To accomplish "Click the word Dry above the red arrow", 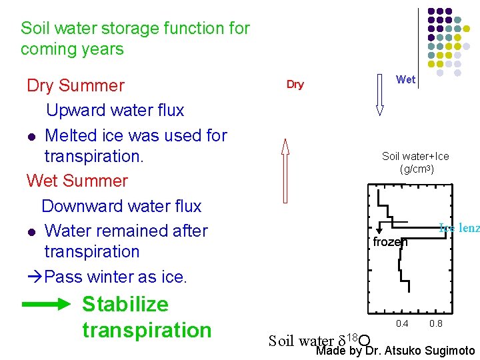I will coord(295,85).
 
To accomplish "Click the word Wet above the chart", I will coord(405,79).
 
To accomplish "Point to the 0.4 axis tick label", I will coord(401,323).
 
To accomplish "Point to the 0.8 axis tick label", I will coord(436,323).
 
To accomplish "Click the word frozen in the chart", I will coord(390,242).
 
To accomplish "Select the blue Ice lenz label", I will coord(459,228).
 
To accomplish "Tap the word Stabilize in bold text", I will coord(125,305).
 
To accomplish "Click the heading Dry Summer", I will coord(75,86).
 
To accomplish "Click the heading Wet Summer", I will coord(77,181).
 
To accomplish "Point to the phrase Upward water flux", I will coord(115,110).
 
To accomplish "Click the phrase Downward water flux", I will coord(121,207).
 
